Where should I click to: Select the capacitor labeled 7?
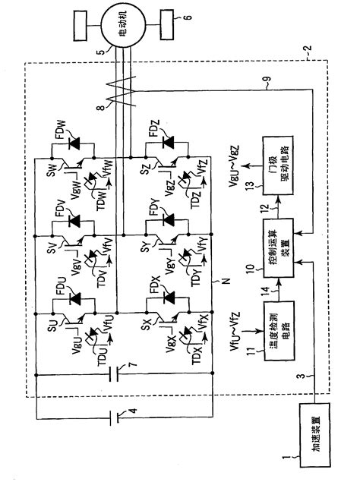115,374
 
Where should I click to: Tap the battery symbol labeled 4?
115,417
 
